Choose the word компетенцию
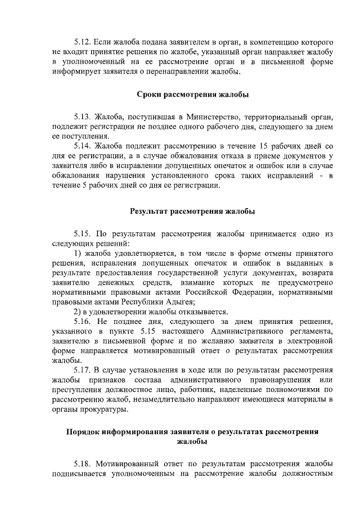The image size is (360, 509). pos(267,43)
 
